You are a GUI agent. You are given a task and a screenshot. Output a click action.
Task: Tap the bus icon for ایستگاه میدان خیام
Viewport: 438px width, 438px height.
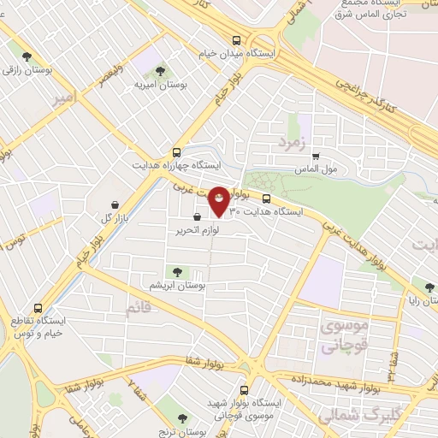(236, 39)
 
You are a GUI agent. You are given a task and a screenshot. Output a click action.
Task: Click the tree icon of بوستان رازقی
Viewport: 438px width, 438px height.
(27, 56)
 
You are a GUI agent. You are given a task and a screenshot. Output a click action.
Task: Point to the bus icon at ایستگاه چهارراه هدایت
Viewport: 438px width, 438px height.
(176, 150)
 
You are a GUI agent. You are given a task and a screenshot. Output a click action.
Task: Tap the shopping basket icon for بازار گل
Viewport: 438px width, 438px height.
(115, 204)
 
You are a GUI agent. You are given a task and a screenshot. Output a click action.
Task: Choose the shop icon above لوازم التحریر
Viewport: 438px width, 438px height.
(198, 217)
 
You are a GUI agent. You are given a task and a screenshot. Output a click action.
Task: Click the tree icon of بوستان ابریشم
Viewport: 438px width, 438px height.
(178, 269)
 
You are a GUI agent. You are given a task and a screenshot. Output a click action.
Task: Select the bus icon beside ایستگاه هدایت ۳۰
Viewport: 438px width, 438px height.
(266, 198)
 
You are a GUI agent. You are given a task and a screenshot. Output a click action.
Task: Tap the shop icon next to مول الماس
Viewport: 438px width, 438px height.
(317, 157)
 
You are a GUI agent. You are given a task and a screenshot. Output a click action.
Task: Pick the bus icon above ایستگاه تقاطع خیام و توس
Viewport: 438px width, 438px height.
(38, 308)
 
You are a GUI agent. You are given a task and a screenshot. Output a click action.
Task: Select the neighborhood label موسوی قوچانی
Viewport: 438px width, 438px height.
(345, 337)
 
